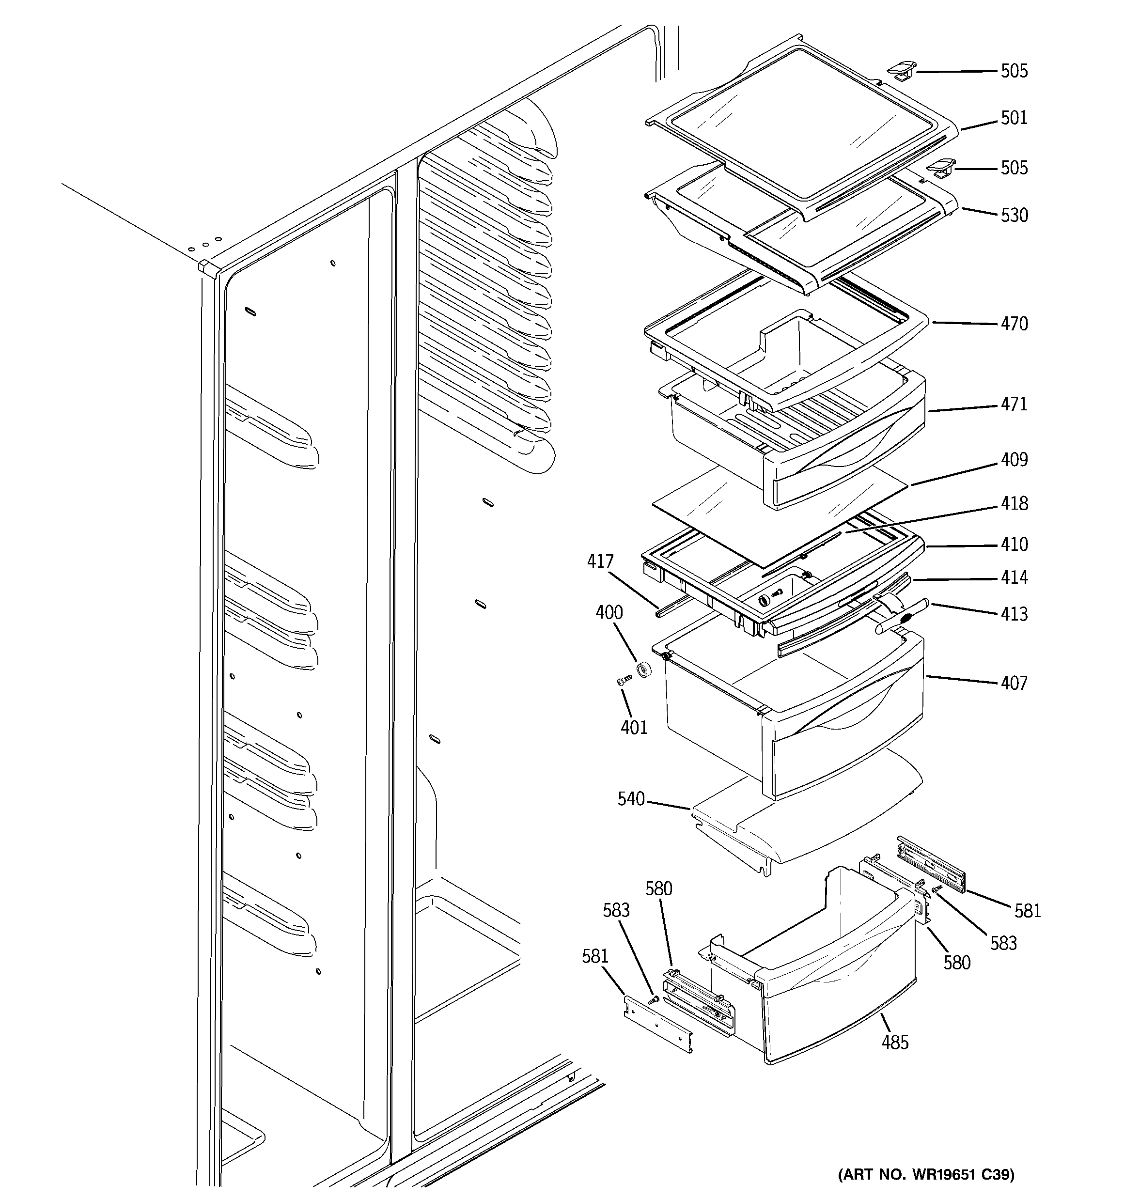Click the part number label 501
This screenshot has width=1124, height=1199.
pyautogui.click(x=1014, y=118)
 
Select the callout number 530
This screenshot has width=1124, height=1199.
pyautogui.click(x=1014, y=215)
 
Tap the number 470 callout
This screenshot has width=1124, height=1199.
pyautogui.click(x=1014, y=324)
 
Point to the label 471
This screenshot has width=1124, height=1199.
pyautogui.click(x=1014, y=404)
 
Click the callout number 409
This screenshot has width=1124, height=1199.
pyautogui.click(x=1014, y=460)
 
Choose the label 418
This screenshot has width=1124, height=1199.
pyautogui.click(x=1014, y=504)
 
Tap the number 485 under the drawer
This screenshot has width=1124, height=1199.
pyautogui.click(x=895, y=1042)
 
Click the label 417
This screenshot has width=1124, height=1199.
pyautogui.click(x=600, y=561)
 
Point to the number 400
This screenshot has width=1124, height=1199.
pyautogui.click(x=609, y=613)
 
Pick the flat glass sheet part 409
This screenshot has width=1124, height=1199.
pyautogui.click(x=778, y=513)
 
